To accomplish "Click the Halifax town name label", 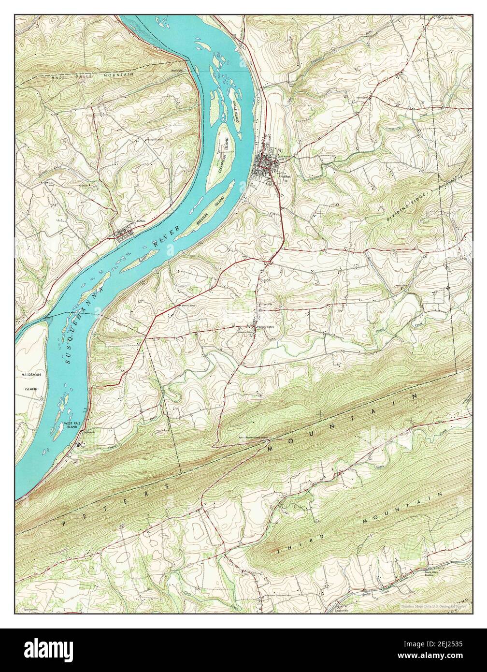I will click(x=285, y=177).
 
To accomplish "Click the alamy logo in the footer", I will click(x=44, y=650).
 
